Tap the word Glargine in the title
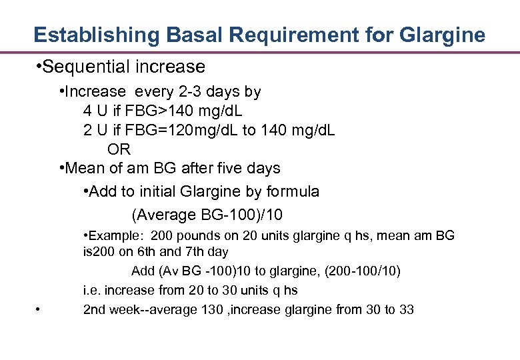coord(444,35)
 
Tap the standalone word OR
coord(119,149)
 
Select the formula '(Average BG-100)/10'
coord(207,215)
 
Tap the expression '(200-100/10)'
coord(363,271)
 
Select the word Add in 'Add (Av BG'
coord(142,271)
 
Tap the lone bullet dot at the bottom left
coord(39,309)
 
